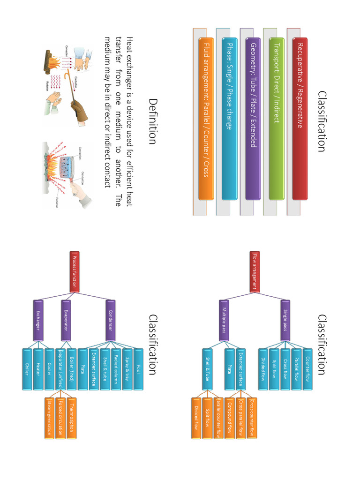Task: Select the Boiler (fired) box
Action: [71, 369]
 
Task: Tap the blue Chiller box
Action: [27, 369]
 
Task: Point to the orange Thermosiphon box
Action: [71, 418]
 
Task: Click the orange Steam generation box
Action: [49, 418]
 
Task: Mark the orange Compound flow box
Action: [230, 418]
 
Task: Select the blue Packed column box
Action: [116, 369]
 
